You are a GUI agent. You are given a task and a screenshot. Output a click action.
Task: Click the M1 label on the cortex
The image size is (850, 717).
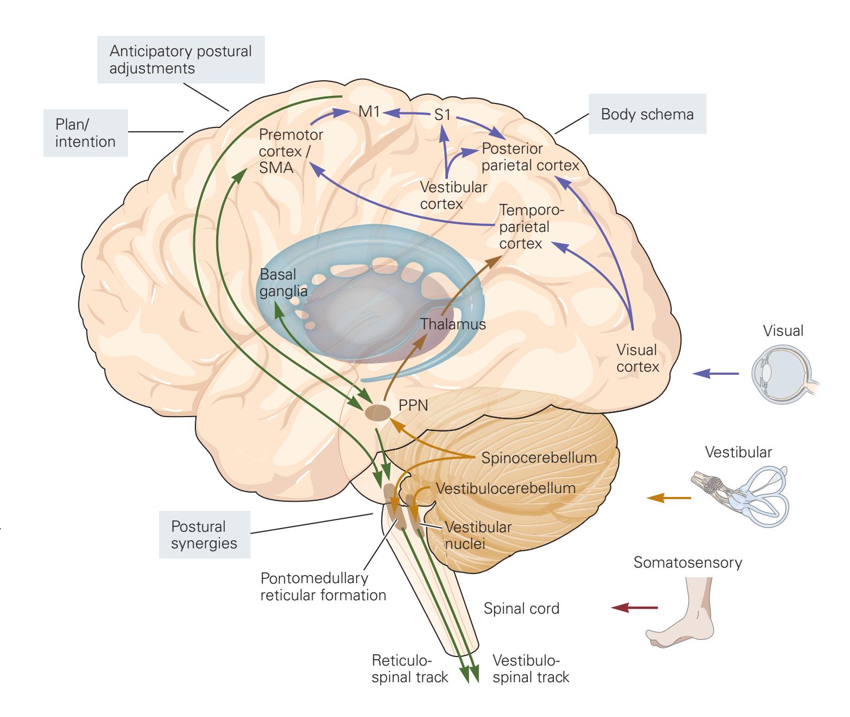369,112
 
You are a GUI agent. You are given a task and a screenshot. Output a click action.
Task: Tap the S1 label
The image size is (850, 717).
442,115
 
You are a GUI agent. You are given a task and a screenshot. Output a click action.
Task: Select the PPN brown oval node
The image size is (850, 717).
378,412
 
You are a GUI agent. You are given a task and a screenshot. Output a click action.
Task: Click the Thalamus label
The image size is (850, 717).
453,324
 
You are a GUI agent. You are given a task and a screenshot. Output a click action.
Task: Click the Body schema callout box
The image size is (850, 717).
647,114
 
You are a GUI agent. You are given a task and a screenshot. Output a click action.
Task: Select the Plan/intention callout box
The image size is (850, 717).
85,133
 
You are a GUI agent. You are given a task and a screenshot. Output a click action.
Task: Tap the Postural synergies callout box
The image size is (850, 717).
204,534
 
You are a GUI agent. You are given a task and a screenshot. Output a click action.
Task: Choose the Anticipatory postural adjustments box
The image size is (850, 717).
180,59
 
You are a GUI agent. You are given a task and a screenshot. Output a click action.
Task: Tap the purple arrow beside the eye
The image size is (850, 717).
716,374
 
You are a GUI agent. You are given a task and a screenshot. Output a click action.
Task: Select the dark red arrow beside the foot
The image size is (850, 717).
634,607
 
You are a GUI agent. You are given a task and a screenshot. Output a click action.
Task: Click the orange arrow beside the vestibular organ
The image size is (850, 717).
669,498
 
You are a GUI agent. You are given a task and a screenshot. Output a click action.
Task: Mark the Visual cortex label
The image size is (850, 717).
637,358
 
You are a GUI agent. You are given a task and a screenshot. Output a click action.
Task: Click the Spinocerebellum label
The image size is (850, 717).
539,458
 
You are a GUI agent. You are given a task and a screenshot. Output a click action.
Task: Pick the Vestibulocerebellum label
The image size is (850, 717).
506,488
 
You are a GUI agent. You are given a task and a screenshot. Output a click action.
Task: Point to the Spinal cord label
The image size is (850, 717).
521,608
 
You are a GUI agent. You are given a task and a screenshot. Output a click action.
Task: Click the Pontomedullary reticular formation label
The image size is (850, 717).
323,586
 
